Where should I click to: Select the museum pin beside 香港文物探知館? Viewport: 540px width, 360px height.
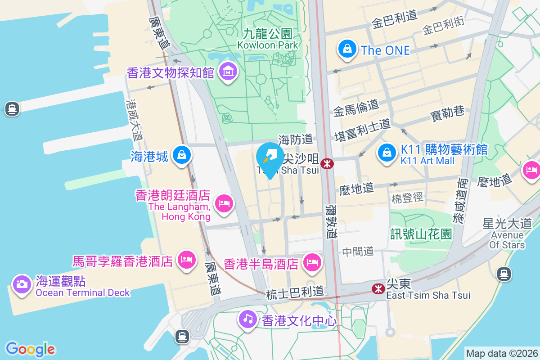pyautogui.click(x=228, y=72)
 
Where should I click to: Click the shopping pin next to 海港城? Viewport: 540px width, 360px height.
pyautogui.click(x=181, y=155)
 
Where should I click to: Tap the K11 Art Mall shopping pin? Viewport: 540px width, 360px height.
pyautogui.click(x=387, y=153)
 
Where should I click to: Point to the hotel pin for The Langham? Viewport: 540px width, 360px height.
pyautogui.click(x=224, y=203)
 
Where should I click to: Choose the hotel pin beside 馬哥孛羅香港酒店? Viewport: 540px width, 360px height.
pyautogui.click(x=186, y=260)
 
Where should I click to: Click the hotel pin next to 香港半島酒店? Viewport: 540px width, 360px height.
pyautogui.click(x=311, y=262)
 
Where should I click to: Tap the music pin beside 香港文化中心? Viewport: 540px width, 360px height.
pyautogui.click(x=247, y=319)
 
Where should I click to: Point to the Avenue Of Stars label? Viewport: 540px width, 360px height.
pyautogui.click(x=507, y=240)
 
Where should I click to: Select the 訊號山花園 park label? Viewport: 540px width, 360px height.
pyautogui.click(x=421, y=234)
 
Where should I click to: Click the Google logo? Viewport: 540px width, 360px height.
pyautogui.click(x=30, y=349)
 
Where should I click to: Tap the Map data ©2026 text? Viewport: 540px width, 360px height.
pyautogui.click(x=502, y=353)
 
